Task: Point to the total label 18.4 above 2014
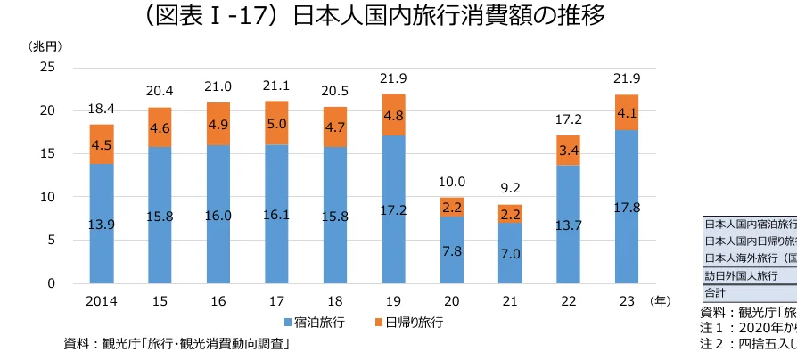point(101,109)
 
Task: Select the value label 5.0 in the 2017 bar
point(276,124)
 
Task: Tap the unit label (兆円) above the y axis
point(46,45)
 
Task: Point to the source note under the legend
point(178,343)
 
